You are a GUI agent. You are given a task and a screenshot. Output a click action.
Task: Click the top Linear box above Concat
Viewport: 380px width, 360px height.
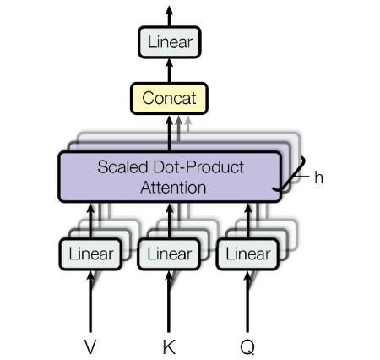(x=169, y=42)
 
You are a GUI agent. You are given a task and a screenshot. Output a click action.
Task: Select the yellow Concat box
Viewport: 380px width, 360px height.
(x=169, y=98)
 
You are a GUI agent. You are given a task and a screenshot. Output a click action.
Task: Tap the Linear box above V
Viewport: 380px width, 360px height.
(x=90, y=254)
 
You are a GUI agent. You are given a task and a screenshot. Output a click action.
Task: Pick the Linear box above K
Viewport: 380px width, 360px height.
(x=169, y=254)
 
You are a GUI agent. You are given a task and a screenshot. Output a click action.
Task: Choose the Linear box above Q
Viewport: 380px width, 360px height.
(x=247, y=254)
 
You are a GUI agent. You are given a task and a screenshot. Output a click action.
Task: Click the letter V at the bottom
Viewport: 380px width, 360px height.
(x=90, y=346)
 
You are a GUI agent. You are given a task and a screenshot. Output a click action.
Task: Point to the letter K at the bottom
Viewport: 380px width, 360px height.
(x=169, y=346)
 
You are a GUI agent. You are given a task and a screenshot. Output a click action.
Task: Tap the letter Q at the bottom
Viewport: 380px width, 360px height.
(x=247, y=347)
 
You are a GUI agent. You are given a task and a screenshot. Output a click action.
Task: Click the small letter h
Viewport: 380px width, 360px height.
(x=318, y=177)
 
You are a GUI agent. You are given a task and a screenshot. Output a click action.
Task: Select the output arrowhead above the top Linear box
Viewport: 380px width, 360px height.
(x=169, y=11)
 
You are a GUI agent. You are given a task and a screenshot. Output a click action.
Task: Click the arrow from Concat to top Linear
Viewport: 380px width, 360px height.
(x=169, y=70)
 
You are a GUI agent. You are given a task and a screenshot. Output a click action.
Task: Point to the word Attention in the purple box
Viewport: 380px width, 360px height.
(x=173, y=188)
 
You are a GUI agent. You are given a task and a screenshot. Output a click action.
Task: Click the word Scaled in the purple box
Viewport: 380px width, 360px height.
(x=122, y=166)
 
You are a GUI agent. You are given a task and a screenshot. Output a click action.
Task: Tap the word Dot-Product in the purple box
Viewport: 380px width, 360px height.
(x=198, y=166)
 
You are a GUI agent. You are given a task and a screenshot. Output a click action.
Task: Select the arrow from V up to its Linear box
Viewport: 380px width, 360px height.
(x=90, y=302)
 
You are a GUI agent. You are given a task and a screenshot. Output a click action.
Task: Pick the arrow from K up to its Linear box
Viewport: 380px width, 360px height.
(x=169, y=302)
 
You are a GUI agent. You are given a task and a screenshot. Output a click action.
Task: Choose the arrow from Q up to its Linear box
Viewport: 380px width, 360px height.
(x=247, y=302)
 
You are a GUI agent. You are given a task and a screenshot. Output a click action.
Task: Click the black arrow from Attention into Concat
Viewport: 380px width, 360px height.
(x=169, y=133)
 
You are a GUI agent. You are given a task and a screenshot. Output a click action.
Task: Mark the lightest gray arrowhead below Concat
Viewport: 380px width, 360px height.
(x=188, y=120)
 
